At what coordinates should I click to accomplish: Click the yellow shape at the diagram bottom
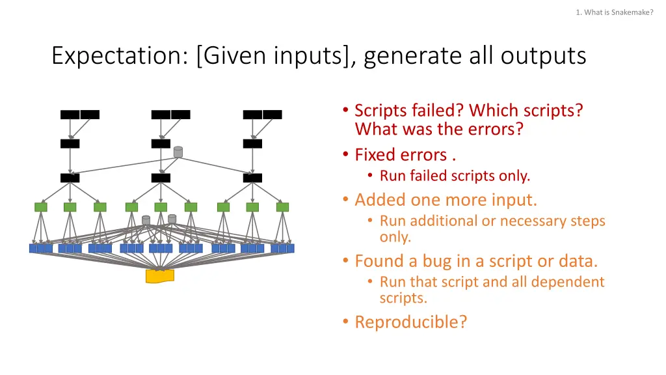(159, 276)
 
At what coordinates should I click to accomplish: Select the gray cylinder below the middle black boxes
(178, 152)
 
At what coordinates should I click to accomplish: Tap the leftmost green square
(41, 207)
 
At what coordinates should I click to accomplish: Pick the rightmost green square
(282, 207)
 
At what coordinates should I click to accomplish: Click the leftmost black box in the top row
(70, 115)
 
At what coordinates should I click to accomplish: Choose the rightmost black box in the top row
(273, 115)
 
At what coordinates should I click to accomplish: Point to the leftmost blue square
(33, 248)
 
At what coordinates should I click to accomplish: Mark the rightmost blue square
(290, 248)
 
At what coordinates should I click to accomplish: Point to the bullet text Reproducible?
(410, 322)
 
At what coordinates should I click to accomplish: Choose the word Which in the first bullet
(492, 110)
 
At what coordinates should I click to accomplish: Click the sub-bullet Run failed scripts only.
(455, 176)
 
